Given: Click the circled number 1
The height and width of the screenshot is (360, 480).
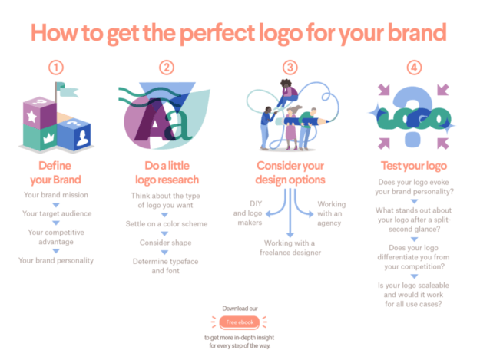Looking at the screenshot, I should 55,68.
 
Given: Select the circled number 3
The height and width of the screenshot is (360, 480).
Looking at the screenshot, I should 290,68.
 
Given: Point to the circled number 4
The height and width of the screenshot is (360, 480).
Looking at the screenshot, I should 415,68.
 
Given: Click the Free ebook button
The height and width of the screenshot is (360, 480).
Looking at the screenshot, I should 239,322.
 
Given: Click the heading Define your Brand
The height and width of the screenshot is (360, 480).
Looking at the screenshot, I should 55,172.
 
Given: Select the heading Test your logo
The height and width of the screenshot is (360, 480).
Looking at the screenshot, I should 415,165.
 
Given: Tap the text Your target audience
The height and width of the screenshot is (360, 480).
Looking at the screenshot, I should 55,213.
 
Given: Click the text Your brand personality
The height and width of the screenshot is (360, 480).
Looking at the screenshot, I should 55,260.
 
